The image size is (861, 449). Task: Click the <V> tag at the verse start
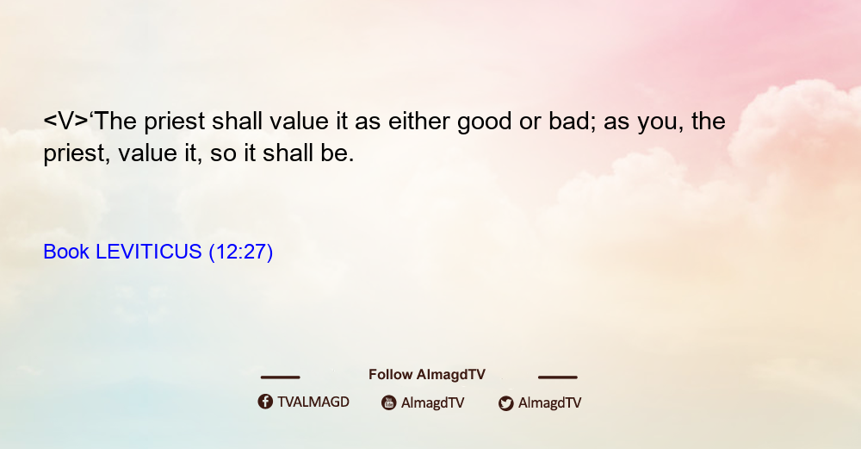(x=66, y=122)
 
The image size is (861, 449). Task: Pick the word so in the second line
(x=223, y=154)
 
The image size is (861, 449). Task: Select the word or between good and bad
(x=530, y=123)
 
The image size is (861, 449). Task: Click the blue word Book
(x=66, y=252)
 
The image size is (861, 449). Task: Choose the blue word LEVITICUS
(x=149, y=252)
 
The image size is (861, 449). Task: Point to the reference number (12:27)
(x=240, y=253)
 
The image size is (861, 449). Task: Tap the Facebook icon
(x=265, y=402)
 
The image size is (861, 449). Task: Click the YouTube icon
(x=389, y=402)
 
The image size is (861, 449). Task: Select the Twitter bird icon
(x=505, y=403)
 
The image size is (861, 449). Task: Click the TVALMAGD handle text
(x=313, y=402)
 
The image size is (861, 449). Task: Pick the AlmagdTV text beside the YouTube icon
(x=433, y=403)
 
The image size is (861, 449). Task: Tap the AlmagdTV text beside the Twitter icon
(x=549, y=403)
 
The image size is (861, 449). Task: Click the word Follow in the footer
(x=390, y=375)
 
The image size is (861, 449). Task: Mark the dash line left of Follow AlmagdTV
(x=280, y=377)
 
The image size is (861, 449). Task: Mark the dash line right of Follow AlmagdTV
(x=558, y=377)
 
